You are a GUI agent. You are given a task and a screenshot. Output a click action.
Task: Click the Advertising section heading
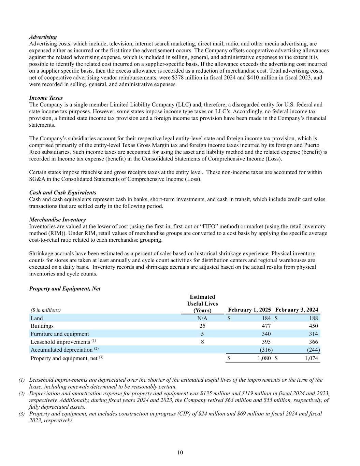pyautogui.click(x=43, y=37)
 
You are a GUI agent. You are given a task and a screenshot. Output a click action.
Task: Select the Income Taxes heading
pyautogui.click(x=46, y=98)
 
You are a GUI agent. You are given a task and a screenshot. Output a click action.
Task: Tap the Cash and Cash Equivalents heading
pyautogui.click(x=62, y=193)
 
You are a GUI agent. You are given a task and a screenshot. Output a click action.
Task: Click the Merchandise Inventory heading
pyautogui.click(x=57, y=220)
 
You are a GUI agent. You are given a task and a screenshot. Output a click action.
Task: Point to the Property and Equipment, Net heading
pyautogui.click(x=65, y=288)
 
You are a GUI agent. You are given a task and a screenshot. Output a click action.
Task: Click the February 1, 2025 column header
pyautogui.click(x=249, y=310)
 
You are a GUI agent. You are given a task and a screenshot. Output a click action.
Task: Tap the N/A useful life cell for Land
pyautogui.click(x=202, y=318)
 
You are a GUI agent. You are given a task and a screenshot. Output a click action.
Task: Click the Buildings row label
pyautogui.click(x=42, y=326)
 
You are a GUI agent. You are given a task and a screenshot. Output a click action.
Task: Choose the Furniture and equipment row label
pyautogui.click(x=60, y=334)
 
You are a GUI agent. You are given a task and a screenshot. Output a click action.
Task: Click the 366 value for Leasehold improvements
pyautogui.click(x=313, y=342)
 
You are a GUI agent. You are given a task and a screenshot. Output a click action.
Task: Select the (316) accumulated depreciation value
pyautogui.click(x=266, y=350)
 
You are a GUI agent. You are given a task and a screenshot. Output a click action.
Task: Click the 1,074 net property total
pyautogui.click(x=311, y=358)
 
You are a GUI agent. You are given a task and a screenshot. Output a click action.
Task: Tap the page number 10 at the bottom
pyautogui.click(x=180, y=452)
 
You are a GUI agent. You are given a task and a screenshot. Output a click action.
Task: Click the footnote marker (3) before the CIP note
pyautogui.click(x=22, y=413)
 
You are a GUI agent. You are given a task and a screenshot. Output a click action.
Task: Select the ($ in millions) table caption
pyautogui.click(x=46, y=310)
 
